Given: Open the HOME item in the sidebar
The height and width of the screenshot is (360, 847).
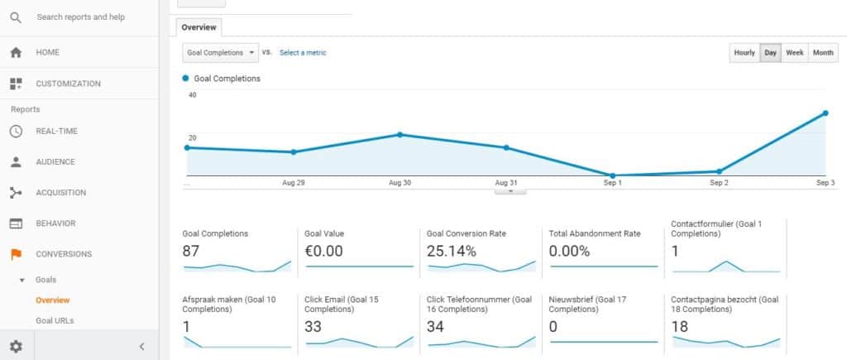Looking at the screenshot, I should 47,52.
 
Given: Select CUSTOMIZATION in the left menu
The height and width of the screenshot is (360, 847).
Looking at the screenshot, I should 68,84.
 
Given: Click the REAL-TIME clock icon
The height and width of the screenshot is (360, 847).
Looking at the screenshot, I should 16,131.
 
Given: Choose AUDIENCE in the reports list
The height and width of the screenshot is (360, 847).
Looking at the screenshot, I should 55,162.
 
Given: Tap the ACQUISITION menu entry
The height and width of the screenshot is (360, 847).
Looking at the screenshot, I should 60,193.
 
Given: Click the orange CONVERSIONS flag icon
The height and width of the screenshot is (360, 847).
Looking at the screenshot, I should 16,254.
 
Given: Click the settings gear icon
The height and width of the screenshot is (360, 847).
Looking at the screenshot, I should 16,346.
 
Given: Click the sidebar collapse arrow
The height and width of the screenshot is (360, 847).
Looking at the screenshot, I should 141,346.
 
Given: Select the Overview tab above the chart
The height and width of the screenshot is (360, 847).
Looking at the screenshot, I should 199,27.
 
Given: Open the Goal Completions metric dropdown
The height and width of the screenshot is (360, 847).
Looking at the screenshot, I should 220,52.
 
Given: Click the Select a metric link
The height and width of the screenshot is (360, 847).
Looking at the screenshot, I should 303,52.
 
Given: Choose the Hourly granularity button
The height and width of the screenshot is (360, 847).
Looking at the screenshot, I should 744,52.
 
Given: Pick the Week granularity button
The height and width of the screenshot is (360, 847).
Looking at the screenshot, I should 794,52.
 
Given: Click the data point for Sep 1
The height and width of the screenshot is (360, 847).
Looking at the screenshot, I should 612,175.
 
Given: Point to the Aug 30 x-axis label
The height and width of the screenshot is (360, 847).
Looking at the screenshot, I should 400,182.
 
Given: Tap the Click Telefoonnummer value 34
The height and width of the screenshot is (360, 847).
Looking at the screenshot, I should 436,327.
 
